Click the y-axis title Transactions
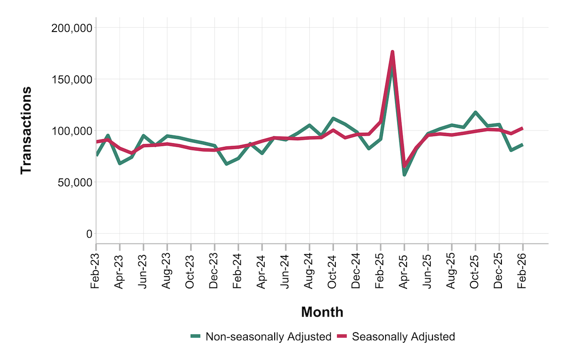pos(26,130)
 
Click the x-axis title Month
pos(322,313)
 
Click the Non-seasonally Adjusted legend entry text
pos(268,337)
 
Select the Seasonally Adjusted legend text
pos(403,337)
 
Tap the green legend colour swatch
pos(196,337)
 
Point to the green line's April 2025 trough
pos(404,175)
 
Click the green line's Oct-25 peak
pos(475,112)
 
